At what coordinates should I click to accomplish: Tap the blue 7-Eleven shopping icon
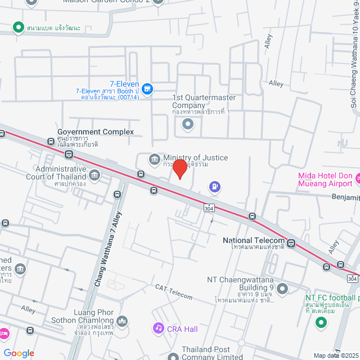pos(147,88)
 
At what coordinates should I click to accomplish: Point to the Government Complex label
pos(96,132)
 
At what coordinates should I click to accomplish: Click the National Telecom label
pos(253,240)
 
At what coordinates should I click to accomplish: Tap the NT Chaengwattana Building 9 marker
pos(282,289)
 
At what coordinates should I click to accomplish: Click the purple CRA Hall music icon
pos(159,328)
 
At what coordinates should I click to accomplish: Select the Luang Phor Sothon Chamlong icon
pos(122,321)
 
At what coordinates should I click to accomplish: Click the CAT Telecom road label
pos(174,292)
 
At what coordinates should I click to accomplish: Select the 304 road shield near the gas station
pos(209,208)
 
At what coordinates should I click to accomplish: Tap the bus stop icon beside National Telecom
pos(291,243)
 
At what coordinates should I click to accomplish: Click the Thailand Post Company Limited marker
pos(173,356)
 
